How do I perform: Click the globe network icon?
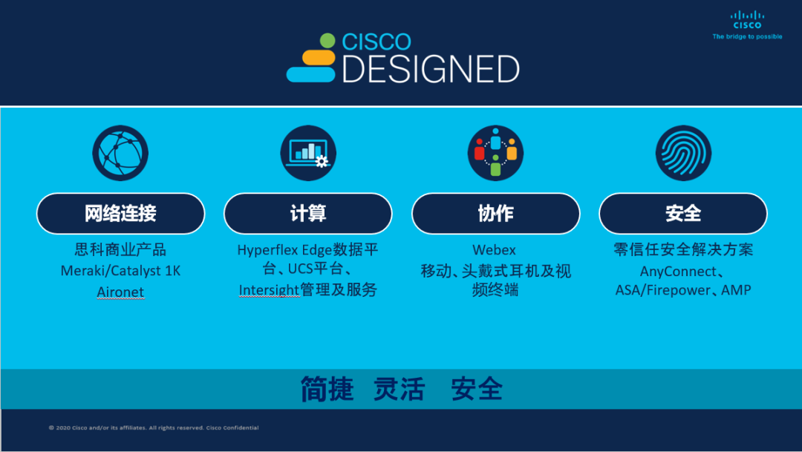click(x=120, y=153)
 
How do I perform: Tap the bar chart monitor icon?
click(x=308, y=153)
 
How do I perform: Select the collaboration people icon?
click(x=495, y=153)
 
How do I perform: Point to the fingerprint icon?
click(x=683, y=153)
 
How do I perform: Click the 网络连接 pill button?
click(x=121, y=213)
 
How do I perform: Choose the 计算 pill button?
click(x=308, y=213)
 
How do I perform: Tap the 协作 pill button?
click(x=495, y=213)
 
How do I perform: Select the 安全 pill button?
click(x=683, y=213)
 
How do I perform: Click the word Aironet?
click(x=121, y=292)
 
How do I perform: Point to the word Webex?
click(x=494, y=249)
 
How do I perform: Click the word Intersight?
click(x=269, y=290)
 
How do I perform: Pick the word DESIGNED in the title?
click(x=431, y=69)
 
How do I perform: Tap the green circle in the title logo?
click(x=327, y=41)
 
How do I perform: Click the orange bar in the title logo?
click(x=319, y=58)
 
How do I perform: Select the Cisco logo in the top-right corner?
click(x=747, y=25)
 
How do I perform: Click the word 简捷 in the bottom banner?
click(x=327, y=389)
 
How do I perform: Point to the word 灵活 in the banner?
click(x=400, y=389)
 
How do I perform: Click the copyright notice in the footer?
click(x=154, y=428)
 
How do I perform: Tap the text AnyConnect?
click(x=678, y=271)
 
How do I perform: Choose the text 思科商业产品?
click(x=121, y=249)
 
